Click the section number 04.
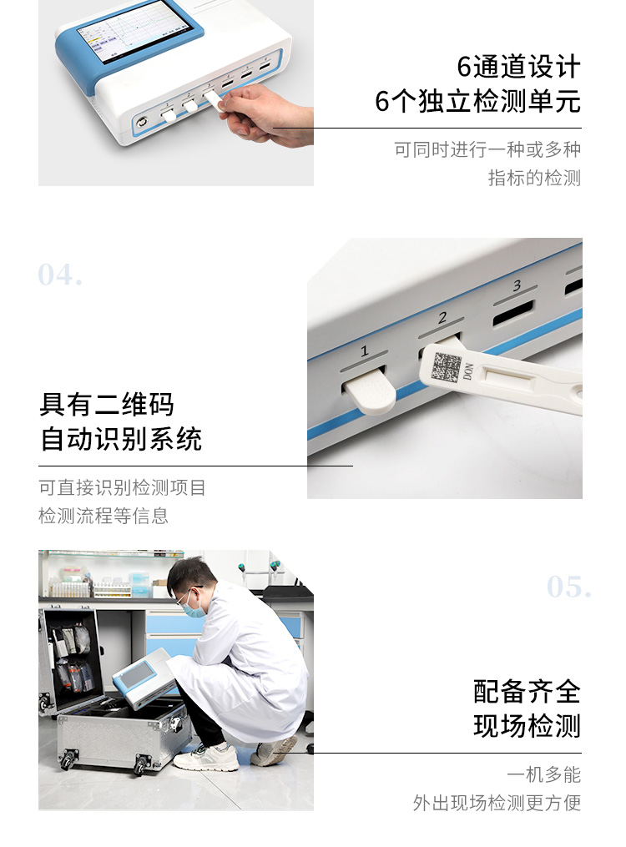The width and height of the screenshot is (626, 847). (60, 275)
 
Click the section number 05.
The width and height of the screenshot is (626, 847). (569, 587)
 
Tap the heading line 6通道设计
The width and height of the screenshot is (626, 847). (518, 67)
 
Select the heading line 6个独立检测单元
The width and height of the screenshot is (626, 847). (477, 101)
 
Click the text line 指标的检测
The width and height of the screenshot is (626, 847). (534, 178)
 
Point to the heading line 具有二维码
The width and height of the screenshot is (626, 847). (107, 405)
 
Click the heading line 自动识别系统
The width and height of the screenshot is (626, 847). (121, 439)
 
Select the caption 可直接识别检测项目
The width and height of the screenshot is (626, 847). (122, 487)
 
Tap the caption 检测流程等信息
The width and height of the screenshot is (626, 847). (103, 516)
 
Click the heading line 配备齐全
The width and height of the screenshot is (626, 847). (527, 692)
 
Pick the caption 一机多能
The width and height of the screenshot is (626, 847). (543, 774)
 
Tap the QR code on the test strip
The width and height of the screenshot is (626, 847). (447, 367)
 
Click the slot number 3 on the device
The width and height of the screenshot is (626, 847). (517, 286)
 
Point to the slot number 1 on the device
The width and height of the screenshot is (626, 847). (364, 351)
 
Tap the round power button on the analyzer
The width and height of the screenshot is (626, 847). (142, 122)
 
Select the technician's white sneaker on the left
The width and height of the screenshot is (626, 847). (205, 757)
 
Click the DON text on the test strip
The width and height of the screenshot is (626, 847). (467, 371)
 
